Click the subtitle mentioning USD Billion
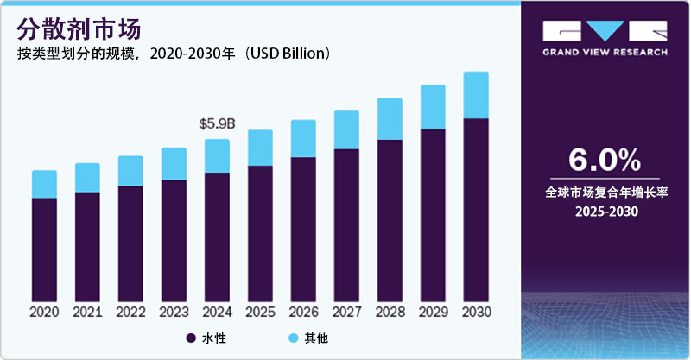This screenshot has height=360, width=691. pyautogui.click(x=173, y=54)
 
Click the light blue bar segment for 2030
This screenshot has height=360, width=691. pyautogui.click(x=476, y=95)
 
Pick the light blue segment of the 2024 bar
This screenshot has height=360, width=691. pyautogui.click(x=217, y=156)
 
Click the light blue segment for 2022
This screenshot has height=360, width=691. pyautogui.click(x=130, y=171)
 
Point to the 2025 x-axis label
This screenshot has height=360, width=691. pyautogui.click(x=260, y=312)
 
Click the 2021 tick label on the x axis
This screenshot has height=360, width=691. pyautogui.click(x=87, y=312)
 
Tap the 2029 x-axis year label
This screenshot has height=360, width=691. pyautogui.click(x=433, y=312)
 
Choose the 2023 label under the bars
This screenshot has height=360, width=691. pyautogui.click(x=174, y=312)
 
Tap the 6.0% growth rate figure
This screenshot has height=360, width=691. pyautogui.click(x=604, y=161)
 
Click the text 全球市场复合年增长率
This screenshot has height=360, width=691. pyautogui.click(x=604, y=192)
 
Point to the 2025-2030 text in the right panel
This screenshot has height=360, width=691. pyautogui.click(x=604, y=212)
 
